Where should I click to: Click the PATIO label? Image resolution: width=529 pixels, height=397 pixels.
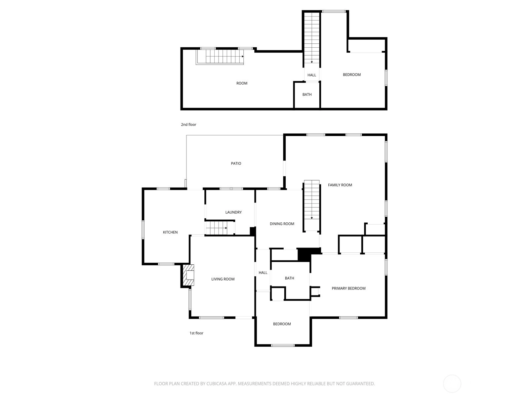coord(236,163)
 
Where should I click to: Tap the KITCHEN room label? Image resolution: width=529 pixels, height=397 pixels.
coord(170,232)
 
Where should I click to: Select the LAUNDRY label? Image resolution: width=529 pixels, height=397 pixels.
coord(233,212)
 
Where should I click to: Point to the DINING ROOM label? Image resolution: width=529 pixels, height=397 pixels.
coord(282,224)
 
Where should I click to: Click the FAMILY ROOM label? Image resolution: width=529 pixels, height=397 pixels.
coord(340,185)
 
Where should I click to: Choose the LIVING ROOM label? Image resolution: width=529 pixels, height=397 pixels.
coord(223,279)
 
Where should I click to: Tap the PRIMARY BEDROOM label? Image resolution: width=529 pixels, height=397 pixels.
coord(348,288)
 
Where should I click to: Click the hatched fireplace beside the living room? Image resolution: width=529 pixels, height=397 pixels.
coord(188,275)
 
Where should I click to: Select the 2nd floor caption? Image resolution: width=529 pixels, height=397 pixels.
coord(188,124)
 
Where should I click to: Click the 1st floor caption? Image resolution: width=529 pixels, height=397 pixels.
coord(196,333)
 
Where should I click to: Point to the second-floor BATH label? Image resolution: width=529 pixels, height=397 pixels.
coord(307,95)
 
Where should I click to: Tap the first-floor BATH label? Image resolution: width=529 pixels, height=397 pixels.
coord(289,278)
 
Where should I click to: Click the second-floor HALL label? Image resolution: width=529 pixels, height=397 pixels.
coord(312,75)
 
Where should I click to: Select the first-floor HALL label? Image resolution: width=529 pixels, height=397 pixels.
coord(263,273)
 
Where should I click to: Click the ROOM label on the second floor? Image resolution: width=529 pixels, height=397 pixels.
coord(242,83)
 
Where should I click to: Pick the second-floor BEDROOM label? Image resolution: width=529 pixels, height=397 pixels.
coord(352,74)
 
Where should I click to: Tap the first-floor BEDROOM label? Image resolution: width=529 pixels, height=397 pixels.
coord(282,324)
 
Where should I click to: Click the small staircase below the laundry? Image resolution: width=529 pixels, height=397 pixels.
coord(220,228)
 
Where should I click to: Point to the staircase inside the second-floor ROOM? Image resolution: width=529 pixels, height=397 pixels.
coord(220,57)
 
